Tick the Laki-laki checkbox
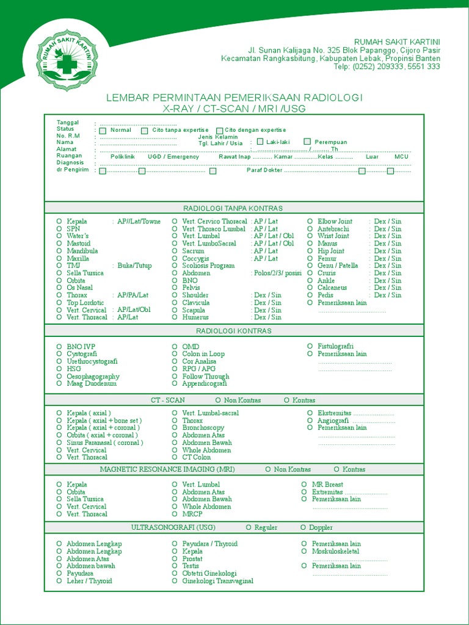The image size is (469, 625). click(x=260, y=142)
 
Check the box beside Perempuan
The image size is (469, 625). click(x=307, y=142)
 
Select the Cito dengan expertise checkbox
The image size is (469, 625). click(x=220, y=131)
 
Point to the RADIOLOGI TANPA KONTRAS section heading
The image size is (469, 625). click(x=233, y=209)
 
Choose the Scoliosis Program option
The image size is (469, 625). click(x=208, y=266)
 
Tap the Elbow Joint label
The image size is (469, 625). click(x=335, y=222)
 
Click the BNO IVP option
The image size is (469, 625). click(x=81, y=347)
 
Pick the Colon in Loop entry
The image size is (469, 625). click(x=203, y=354)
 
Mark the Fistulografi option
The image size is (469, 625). click(x=335, y=347)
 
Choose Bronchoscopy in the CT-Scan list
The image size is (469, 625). click(x=203, y=428)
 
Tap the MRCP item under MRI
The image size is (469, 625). click(x=192, y=514)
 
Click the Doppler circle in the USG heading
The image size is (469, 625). click(x=303, y=527)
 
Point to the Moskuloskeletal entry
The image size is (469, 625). click(x=335, y=551)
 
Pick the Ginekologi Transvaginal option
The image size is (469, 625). click(x=217, y=581)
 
